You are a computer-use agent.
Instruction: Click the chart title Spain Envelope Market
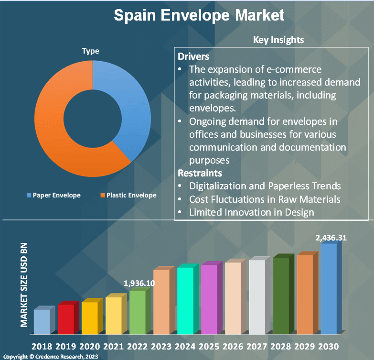click(199, 15)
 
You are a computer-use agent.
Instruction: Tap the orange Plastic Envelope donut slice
click(57, 129)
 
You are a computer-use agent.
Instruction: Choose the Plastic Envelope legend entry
click(128, 195)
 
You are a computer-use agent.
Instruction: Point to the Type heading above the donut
click(90, 51)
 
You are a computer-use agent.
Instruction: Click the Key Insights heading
click(278, 40)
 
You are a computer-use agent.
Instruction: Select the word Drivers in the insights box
click(193, 56)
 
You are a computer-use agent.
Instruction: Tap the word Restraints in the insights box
click(200, 173)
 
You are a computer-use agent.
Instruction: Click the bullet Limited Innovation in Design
click(251, 212)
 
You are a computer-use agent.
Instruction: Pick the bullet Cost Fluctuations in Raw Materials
click(265, 198)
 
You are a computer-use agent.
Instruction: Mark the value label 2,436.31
click(331, 237)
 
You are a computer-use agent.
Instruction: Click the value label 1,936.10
click(139, 283)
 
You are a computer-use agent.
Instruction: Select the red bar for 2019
click(66, 319)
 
